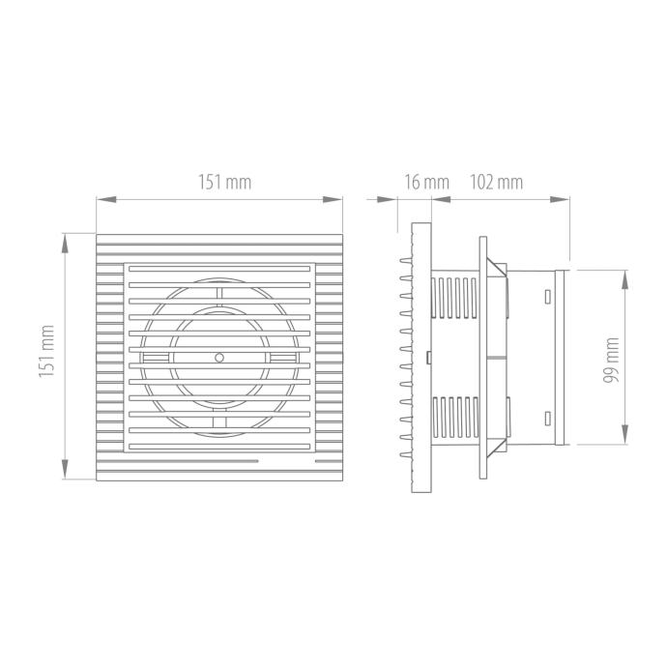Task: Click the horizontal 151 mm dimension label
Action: pos(224,182)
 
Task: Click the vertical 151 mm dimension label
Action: pos(46,351)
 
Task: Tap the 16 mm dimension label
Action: pos(426,182)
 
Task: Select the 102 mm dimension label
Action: pos(497,182)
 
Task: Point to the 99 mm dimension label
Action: pos(611,360)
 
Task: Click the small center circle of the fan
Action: pos(219,358)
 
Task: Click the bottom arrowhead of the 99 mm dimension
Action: pos(624,434)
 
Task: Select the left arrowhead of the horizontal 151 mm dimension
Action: pos(106,199)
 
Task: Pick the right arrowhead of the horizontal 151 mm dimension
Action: pos(333,199)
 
